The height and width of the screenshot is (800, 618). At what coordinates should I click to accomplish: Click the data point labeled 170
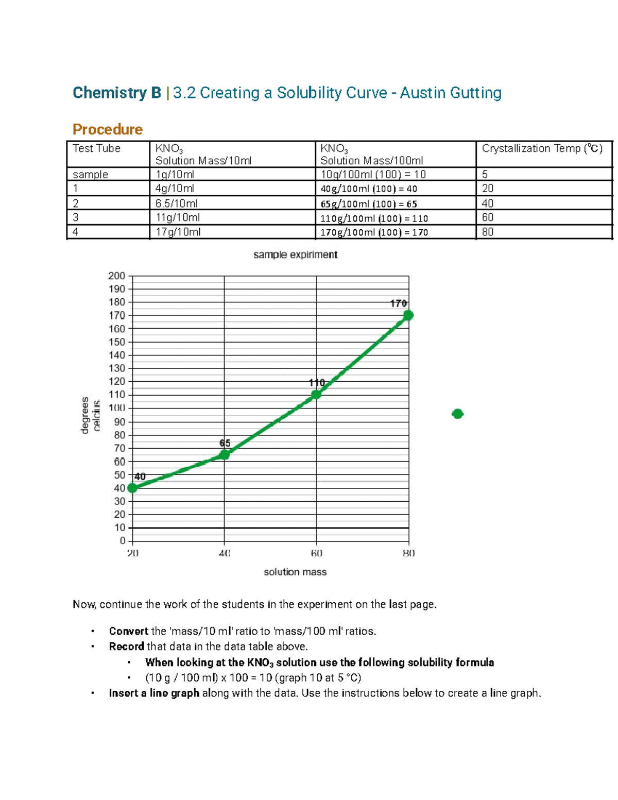point(408,315)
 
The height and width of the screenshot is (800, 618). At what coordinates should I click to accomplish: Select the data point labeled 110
point(316,395)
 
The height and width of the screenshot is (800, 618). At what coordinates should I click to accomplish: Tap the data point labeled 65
point(225,454)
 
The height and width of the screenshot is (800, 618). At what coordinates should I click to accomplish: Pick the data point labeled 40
point(132,488)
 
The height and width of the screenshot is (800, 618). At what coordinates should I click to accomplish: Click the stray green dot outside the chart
point(457,414)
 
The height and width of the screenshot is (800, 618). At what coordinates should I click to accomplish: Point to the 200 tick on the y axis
point(117,276)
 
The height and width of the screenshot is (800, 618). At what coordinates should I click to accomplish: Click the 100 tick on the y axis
point(117,408)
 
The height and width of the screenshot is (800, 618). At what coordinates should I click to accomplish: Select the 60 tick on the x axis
point(316,553)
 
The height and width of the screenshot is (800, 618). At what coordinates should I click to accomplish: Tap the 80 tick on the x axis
point(408,553)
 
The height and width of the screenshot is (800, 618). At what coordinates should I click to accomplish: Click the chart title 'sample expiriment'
point(295,254)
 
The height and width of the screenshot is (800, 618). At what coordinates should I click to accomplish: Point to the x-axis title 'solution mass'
point(295,572)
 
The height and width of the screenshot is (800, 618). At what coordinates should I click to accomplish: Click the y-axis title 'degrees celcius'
point(91,414)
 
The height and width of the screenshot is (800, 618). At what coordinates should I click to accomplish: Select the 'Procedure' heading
point(107,129)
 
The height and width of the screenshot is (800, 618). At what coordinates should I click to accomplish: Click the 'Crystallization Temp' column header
point(542,148)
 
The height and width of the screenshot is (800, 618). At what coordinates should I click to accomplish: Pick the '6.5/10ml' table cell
point(177,203)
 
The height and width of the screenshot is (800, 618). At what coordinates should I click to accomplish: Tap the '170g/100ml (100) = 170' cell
point(374,232)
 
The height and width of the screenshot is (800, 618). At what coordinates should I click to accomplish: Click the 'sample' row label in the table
point(90,175)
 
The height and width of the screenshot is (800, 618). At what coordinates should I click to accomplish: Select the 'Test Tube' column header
point(96,148)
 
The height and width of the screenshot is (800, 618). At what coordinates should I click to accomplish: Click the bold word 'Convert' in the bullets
point(128,631)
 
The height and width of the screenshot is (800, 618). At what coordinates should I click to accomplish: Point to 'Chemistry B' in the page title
point(117,93)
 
